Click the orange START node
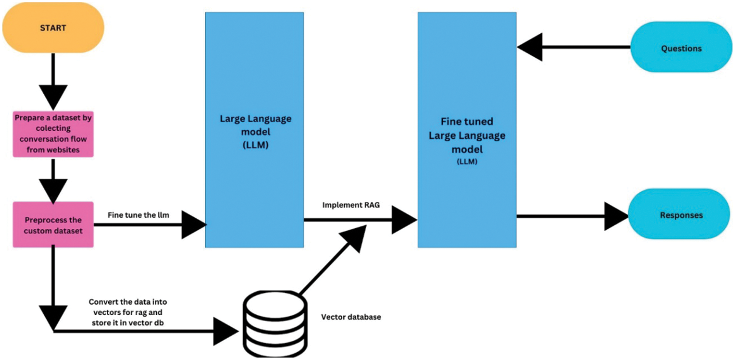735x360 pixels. coord(53,28)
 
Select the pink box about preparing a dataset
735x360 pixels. coord(53,134)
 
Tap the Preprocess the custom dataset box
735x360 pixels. coord(53,225)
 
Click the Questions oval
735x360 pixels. coord(681,48)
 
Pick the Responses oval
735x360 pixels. coord(679,215)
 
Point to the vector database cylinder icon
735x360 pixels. coord(275,324)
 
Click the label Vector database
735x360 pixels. coord(351,317)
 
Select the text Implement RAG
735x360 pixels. coord(351,205)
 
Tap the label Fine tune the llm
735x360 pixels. coord(138,215)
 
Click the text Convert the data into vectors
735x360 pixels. coord(128,312)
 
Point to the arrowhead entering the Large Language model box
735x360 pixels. coord(193,225)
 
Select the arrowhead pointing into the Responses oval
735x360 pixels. coord(616,216)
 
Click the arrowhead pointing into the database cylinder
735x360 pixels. coord(226,331)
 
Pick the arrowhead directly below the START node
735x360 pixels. coord(53,97)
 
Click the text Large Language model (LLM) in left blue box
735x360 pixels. coord(255,132)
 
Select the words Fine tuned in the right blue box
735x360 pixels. coord(467,122)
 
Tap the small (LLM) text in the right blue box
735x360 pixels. coord(467,162)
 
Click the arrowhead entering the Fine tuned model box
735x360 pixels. coord(403,220)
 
